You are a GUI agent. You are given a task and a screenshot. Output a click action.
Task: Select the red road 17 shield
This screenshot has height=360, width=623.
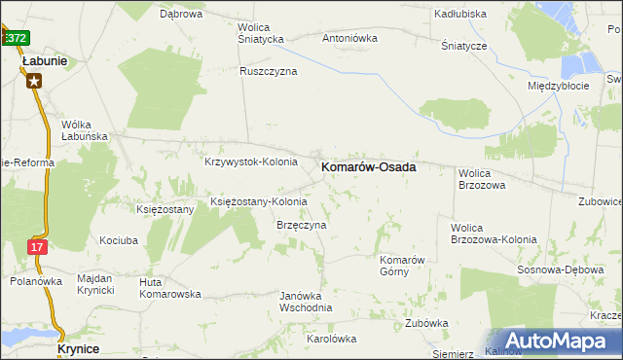click(37, 247)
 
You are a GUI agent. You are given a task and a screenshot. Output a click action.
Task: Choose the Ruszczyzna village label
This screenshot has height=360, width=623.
click(269, 71)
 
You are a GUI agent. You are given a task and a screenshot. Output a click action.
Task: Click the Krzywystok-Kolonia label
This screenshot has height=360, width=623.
click(250, 162)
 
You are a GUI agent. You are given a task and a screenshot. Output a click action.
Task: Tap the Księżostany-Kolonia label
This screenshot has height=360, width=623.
click(259, 202)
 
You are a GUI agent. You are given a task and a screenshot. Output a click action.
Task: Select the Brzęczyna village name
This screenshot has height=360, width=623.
click(301, 224)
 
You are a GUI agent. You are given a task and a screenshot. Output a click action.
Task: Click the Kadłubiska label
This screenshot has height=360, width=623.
click(461, 15)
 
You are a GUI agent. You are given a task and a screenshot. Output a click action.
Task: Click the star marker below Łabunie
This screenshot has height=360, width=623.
click(34, 81)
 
